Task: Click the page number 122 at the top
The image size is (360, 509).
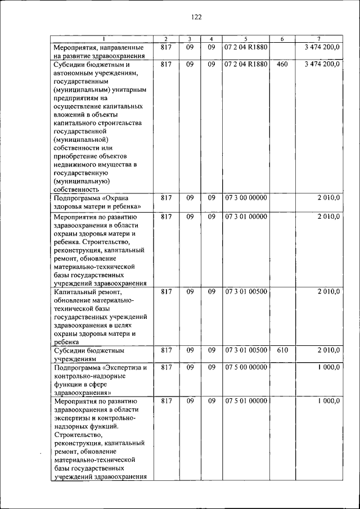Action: click(196, 17)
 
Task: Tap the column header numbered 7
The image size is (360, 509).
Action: click(319, 39)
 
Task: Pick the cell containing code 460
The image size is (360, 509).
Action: click(282, 64)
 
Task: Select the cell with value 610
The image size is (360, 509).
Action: click(282, 350)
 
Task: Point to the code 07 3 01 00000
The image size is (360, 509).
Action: click(246, 216)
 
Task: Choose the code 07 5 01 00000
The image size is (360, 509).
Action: click(246, 401)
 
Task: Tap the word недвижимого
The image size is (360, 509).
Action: click(78, 164)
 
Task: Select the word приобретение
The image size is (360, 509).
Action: click(78, 156)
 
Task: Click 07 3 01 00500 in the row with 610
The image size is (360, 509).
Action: click(246, 350)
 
